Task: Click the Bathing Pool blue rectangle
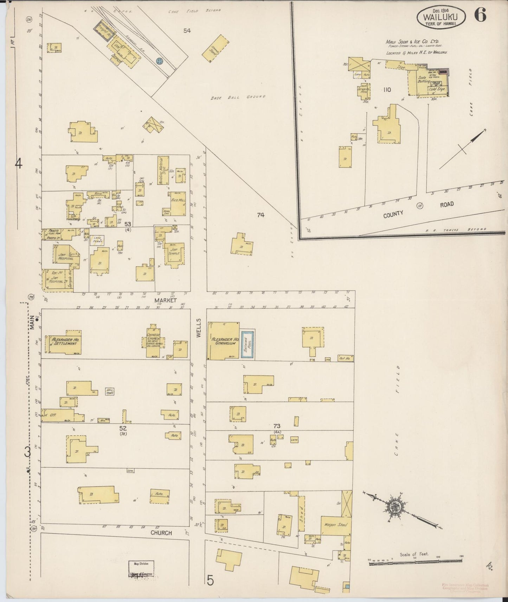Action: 247,344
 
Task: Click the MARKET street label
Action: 165,301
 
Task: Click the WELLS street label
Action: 198,328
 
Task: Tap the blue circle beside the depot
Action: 160,61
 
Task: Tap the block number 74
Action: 260,215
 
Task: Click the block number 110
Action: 387,90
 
